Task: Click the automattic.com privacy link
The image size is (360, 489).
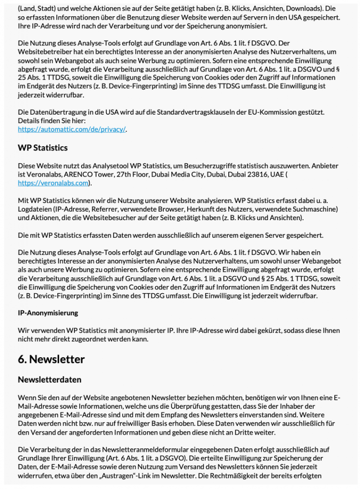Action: pyautogui.click(x=72, y=129)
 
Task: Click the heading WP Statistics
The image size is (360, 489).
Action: pyautogui.click(x=42, y=148)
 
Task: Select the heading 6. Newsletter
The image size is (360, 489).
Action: pyautogui.click(x=51, y=359)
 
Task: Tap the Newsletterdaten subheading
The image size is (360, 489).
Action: pyautogui.click(x=50, y=380)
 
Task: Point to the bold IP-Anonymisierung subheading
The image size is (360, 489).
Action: pyautogui.click(x=48, y=313)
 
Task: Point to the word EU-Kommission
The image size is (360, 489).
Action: pyautogui.click(x=285, y=112)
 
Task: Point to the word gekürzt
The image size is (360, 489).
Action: pyautogui.click(x=262, y=331)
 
